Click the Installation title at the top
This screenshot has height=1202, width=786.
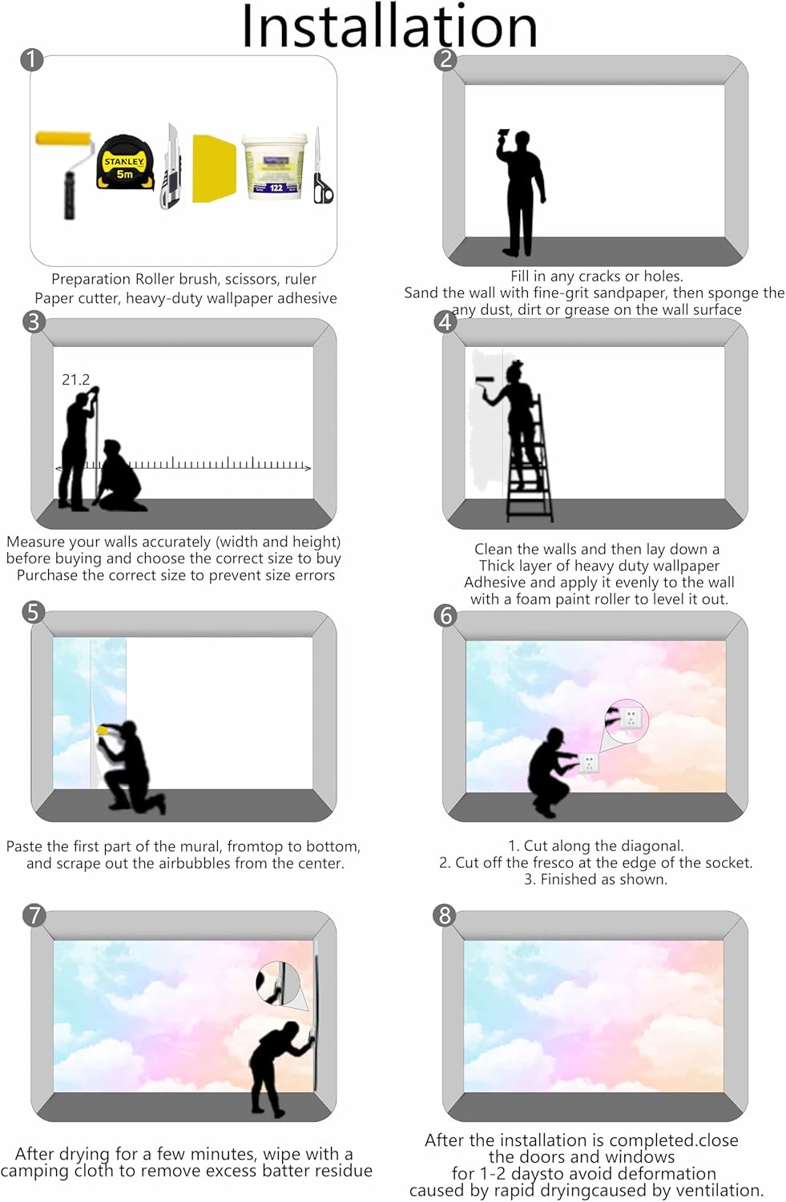(x=389, y=26)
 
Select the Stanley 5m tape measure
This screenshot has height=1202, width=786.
(x=126, y=163)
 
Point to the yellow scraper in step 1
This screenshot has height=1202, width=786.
(x=214, y=168)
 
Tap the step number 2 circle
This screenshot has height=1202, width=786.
(x=445, y=60)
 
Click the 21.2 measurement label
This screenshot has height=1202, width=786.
(x=75, y=380)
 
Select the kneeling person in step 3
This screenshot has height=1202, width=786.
(x=119, y=476)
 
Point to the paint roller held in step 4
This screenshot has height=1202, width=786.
(x=487, y=384)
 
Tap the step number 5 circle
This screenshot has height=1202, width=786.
(x=34, y=612)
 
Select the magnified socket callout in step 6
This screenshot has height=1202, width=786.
(x=627, y=719)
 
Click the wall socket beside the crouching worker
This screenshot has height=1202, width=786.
(x=589, y=761)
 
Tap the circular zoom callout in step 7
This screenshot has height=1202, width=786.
(x=278, y=983)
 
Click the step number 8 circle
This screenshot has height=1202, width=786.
(x=445, y=915)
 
